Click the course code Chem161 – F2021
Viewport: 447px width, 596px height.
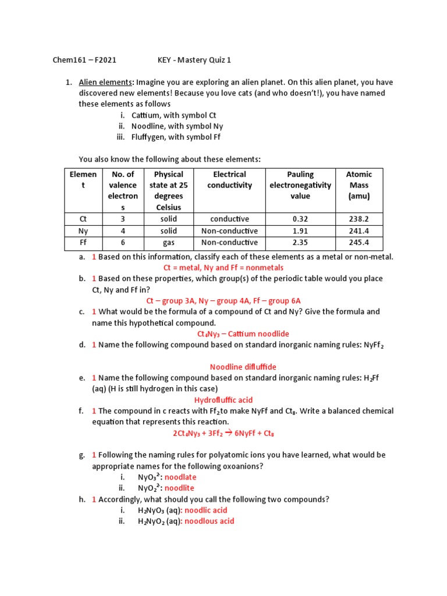pyautogui.click(x=84, y=60)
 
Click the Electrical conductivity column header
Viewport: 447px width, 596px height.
pyautogui.click(x=229, y=180)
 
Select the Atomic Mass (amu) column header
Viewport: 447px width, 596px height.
pyautogui.click(x=359, y=185)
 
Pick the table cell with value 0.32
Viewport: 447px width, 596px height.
pyautogui.click(x=300, y=219)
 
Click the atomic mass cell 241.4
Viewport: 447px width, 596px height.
pyautogui.click(x=359, y=231)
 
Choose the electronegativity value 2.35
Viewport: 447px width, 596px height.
pyautogui.click(x=300, y=243)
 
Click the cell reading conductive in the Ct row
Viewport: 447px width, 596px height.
pyautogui.click(x=229, y=219)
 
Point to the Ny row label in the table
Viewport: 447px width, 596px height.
pyautogui.click(x=83, y=231)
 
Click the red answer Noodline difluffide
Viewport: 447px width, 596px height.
pyautogui.click(x=243, y=367)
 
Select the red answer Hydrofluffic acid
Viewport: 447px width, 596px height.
pyautogui.click(x=223, y=400)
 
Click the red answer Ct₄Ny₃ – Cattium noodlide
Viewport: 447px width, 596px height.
pyautogui.click(x=243, y=334)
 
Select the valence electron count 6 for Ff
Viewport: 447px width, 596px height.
pyautogui.click(x=123, y=243)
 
